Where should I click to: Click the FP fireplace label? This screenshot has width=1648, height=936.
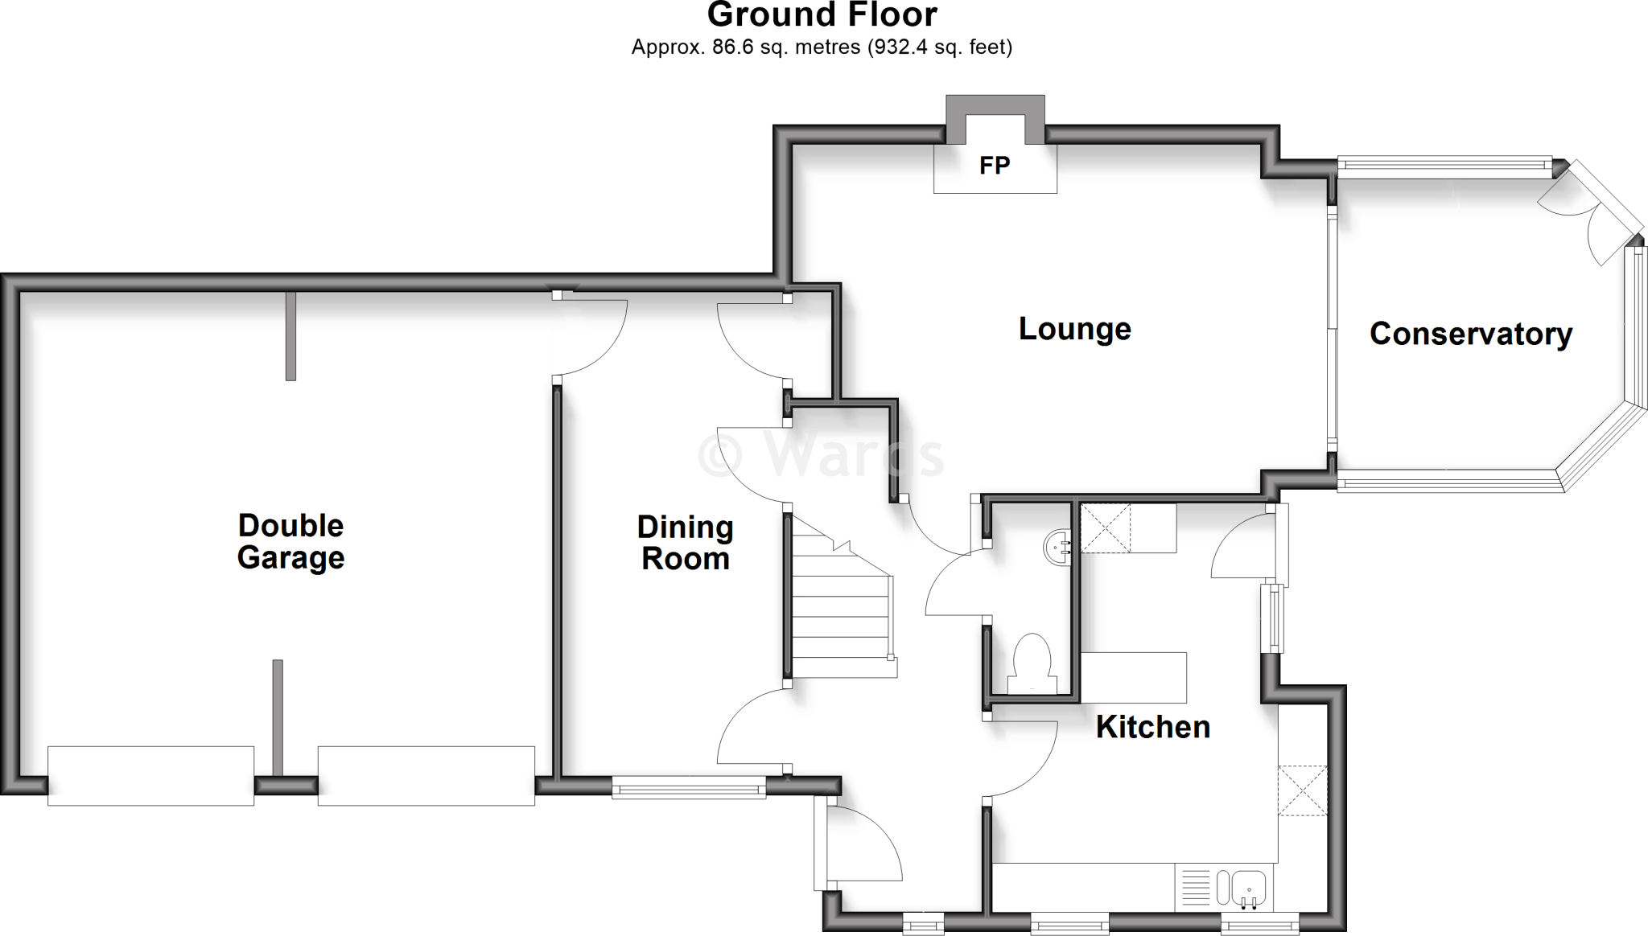(995, 166)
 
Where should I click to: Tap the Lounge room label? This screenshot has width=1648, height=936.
(1074, 329)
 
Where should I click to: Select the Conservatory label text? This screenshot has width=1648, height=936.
(1470, 334)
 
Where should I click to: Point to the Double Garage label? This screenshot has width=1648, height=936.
(290, 541)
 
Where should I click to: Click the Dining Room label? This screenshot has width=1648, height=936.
(685, 543)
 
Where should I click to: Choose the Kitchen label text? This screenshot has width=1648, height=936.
(1152, 727)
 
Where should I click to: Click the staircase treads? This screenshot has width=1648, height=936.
(841, 611)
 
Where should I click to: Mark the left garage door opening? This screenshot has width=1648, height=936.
(150, 775)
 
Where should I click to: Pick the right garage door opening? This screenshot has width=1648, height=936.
(426, 775)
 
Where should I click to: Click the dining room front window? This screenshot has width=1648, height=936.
(688, 786)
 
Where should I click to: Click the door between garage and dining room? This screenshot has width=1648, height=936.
(591, 334)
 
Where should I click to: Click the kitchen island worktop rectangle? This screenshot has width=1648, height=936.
(1133, 676)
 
